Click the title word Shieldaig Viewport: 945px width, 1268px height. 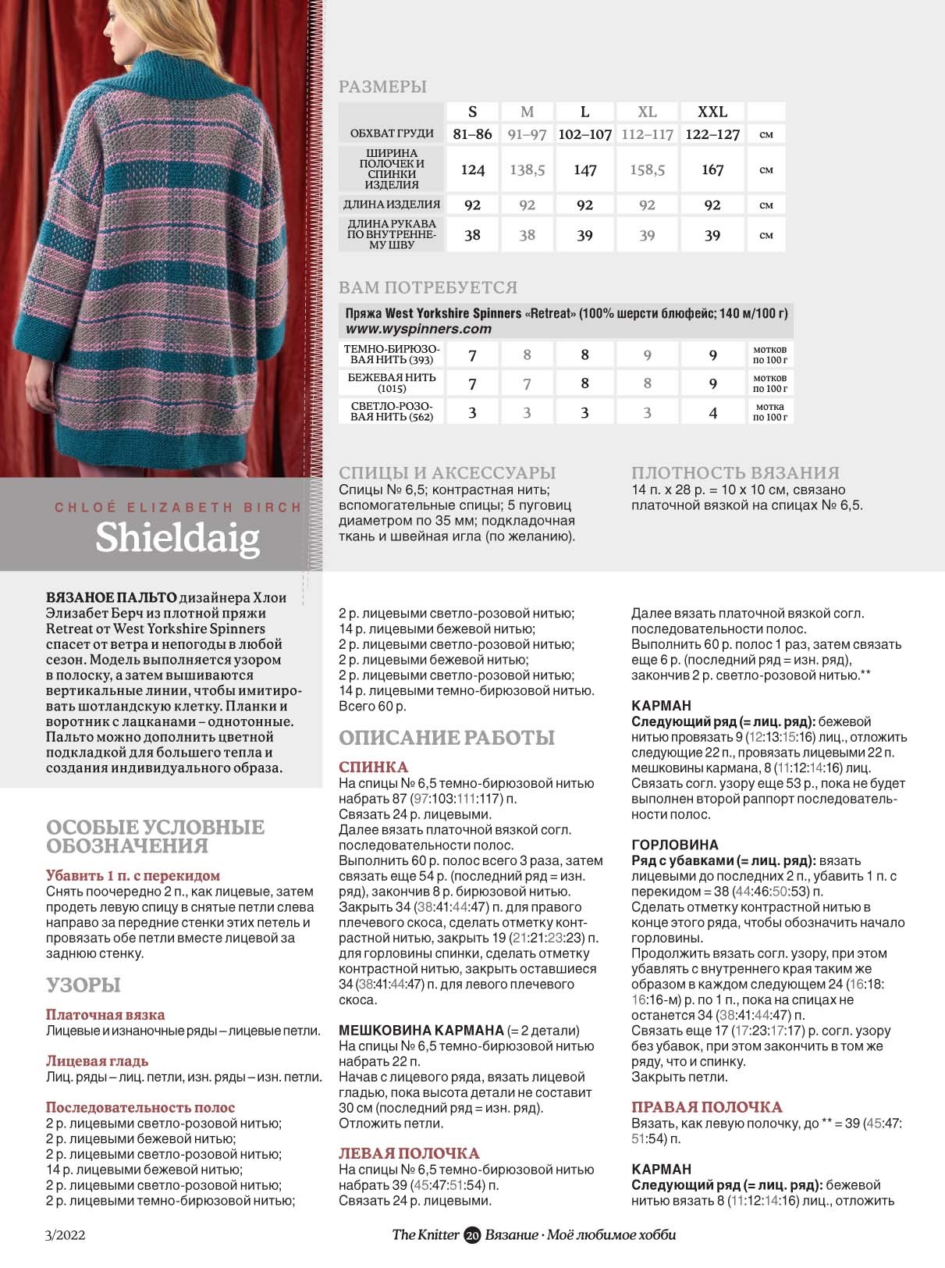click(177, 537)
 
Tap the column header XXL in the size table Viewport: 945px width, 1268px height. click(712, 112)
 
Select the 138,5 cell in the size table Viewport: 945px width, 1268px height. click(527, 169)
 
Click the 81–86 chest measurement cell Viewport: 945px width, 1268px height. click(472, 134)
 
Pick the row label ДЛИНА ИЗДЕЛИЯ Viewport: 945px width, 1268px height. click(392, 205)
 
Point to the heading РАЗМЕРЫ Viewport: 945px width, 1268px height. click(382, 87)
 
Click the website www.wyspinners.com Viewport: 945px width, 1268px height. click(418, 329)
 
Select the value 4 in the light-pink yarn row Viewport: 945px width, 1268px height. click(712, 412)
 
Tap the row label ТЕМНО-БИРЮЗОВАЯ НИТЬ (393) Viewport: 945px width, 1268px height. click(392, 354)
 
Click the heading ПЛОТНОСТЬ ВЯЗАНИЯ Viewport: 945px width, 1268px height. click(735, 472)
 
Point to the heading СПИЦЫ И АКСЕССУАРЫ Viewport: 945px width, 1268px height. click(447, 472)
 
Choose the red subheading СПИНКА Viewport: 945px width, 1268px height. click(373, 767)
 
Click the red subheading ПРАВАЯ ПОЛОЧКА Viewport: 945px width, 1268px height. click(706, 1107)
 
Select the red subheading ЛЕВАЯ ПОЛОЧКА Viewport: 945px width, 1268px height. click(409, 1153)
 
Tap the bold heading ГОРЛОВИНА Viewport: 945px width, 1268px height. click(674, 845)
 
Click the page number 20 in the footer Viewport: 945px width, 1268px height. click(472, 1235)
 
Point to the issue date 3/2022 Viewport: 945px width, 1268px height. click(66, 1235)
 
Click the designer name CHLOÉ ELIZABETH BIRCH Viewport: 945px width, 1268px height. click(177, 508)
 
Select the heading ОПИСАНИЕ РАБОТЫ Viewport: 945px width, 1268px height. click(446, 738)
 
